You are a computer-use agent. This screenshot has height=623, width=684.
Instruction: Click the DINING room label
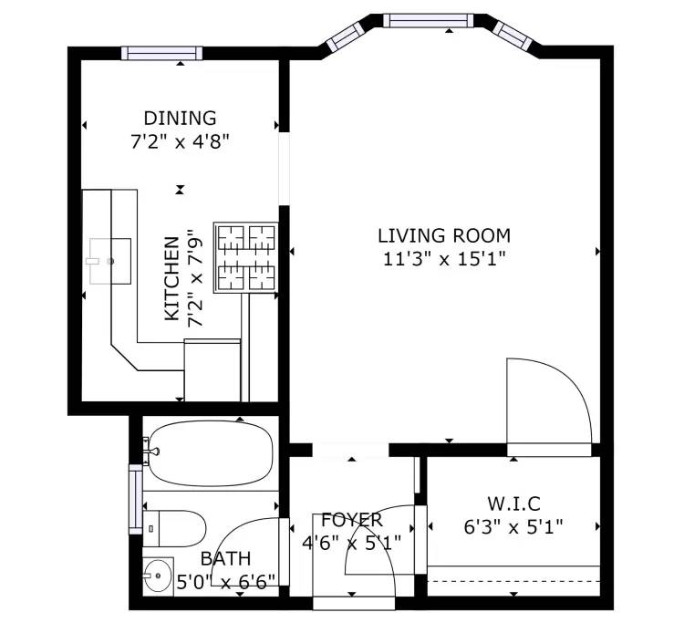(x=180, y=119)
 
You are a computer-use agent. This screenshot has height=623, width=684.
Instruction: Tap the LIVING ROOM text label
(x=444, y=235)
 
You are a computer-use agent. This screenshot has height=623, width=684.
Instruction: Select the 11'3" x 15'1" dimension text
(x=444, y=259)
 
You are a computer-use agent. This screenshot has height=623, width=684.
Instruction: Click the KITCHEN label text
(x=171, y=279)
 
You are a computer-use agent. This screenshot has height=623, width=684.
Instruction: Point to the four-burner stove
(x=246, y=257)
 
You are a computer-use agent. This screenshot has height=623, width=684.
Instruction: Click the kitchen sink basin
(x=110, y=261)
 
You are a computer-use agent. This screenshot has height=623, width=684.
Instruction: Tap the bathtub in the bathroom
(x=212, y=453)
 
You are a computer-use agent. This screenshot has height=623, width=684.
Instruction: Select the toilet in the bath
(x=174, y=528)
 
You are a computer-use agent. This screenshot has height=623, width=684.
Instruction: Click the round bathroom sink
(x=158, y=576)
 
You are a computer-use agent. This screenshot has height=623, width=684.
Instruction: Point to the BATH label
(x=225, y=558)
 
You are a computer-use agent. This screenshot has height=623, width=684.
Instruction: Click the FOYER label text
(x=352, y=520)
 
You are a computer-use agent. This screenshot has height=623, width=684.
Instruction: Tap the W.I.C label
(x=513, y=504)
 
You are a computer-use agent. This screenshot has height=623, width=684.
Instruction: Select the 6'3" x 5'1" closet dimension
(x=513, y=527)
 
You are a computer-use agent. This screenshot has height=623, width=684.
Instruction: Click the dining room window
(x=161, y=53)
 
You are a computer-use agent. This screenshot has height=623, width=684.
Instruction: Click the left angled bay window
(x=346, y=36)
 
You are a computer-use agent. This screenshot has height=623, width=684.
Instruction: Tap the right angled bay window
(x=513, y=36)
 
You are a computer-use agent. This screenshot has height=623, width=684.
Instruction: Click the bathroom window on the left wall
(x=136, y=499)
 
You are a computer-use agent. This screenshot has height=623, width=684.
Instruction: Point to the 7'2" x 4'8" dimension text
(x=180, y=141)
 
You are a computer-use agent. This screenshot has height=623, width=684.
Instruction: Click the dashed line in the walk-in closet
(x=513, y=581)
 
